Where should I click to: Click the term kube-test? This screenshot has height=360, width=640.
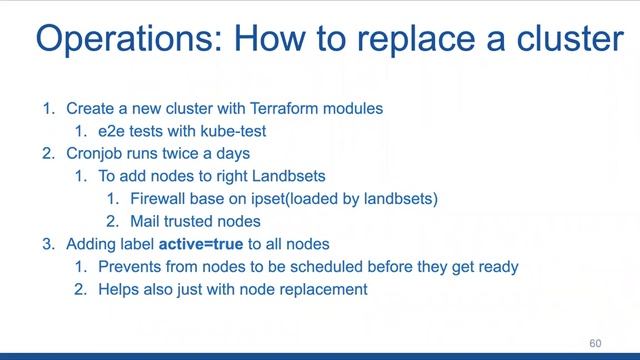click(x=232, y=131)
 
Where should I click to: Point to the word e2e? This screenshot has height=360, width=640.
click(x=114, y=131)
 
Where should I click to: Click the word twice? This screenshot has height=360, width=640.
click(x=192, y=154)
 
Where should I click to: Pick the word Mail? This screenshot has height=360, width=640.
click(x=146, y=222)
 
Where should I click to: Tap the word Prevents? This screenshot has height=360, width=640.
click(x=131, y=267)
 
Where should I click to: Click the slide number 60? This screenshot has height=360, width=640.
click(x=596, y=343)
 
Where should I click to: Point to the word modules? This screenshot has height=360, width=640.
click(x=354, y=108)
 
